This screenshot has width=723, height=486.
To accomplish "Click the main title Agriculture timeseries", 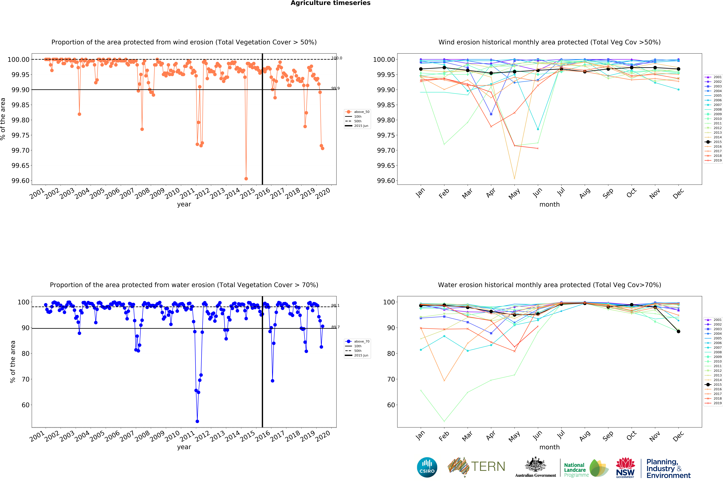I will click(x=330, y=3).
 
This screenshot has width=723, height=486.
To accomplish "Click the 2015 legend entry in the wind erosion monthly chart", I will click(x=713, y=142).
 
